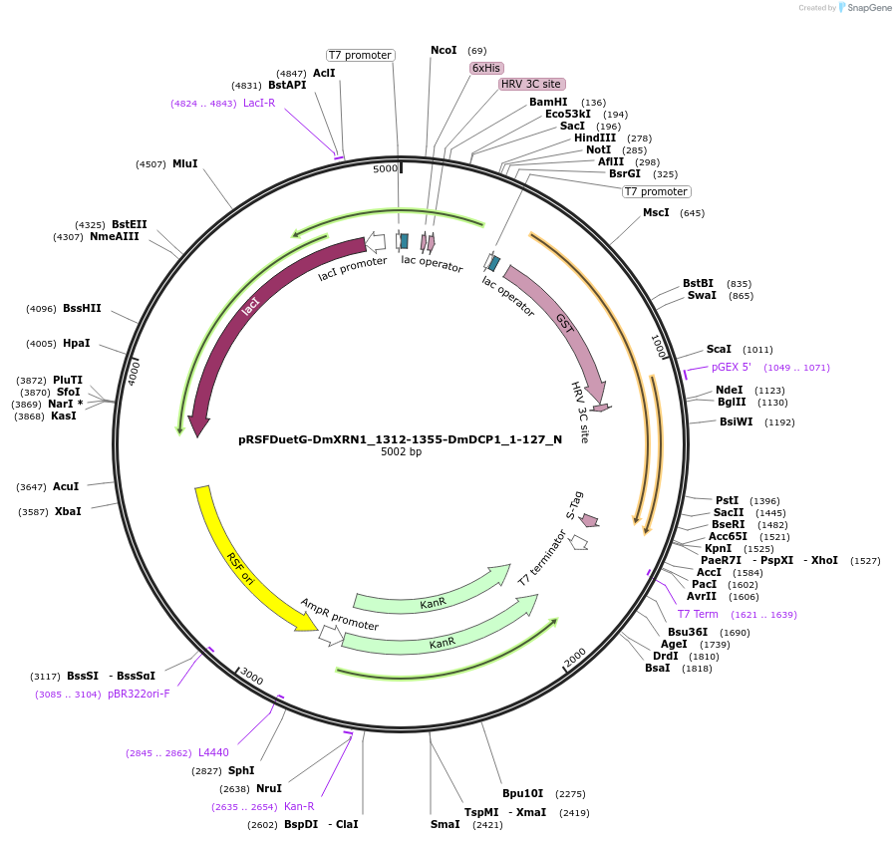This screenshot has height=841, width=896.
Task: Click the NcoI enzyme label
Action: click(x=444, y=50)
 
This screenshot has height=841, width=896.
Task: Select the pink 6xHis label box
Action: click(x=486, y=68)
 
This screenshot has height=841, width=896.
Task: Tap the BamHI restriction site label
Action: click(x=548, y=103)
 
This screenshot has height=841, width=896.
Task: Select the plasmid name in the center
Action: click(x=400, y=438)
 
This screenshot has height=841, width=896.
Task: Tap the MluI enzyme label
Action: click(x=184, y=163)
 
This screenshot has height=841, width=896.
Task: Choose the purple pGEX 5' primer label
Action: click(x=731, y=367)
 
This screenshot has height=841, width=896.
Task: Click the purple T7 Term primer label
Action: click(x=698, y=614)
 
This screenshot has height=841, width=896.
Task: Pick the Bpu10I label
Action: click(x=522, y=793)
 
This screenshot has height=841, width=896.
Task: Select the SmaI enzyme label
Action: click(x=445, y=824)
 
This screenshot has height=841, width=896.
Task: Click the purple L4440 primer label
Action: click(x=213, y=752)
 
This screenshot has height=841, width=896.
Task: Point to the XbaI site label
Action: click(x=68, y=511)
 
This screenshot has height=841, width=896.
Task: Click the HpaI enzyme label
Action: click(x=76, y=343)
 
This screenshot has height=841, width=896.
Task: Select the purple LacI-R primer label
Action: click(x=258, y=103)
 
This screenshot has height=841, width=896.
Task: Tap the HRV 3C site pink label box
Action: click(x=532, y=84)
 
